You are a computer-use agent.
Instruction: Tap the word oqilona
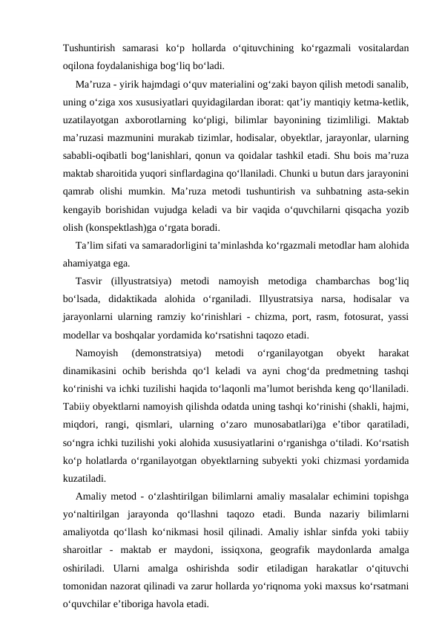tap(79, 65)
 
